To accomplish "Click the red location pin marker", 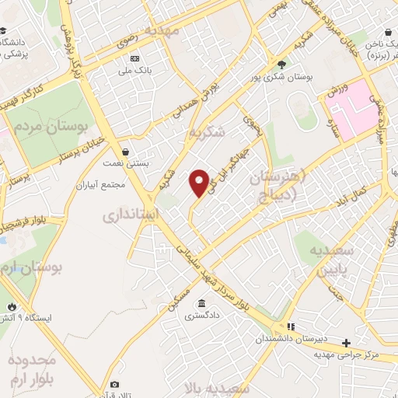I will [200, 183].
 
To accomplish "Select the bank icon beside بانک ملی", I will [135, 59].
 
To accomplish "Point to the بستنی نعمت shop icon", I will [125, 152].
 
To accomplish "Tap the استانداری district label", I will [131, 214].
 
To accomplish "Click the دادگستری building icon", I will [202, 304].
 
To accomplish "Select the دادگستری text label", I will [202, 316].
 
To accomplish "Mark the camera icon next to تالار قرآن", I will [115, 384].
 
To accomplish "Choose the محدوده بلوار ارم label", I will [31, 370].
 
